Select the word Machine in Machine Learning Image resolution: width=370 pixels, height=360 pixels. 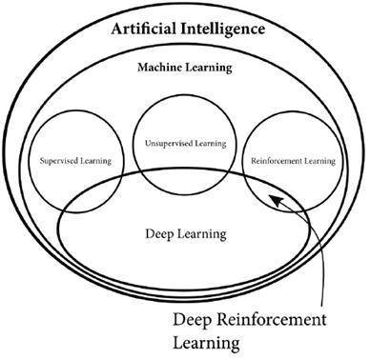[160, 69]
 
